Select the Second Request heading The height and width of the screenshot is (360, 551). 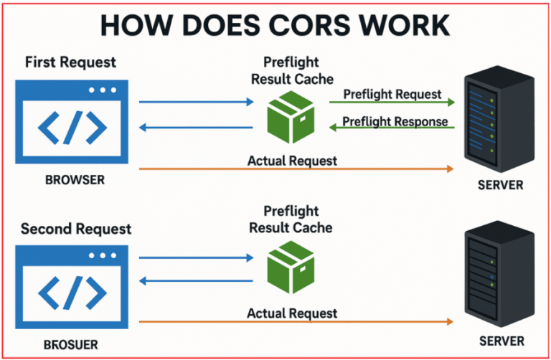[x=76, y=229]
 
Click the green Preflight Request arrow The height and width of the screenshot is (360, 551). [x=392, y=103]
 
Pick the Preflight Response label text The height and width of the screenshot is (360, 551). [x=395, y=120]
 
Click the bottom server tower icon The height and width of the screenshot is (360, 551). [x=499, y=275]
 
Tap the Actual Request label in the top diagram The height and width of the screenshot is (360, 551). [x=292, y=161]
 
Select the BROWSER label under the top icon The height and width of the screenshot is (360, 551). [x=69, y=180]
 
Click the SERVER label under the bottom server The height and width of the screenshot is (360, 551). [x=500, y=341]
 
